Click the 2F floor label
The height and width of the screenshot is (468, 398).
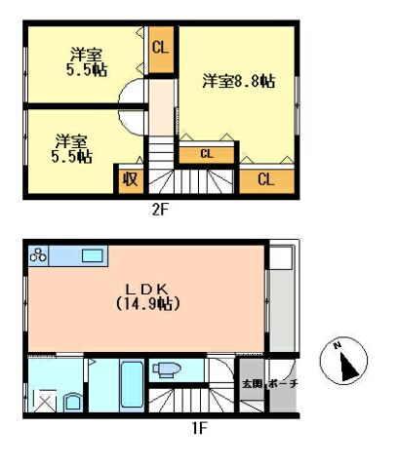point(160,210)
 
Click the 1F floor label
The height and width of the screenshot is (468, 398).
point(199,428)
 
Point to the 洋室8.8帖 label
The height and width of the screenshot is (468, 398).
point(239,81)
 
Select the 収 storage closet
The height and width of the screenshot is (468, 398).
point(131,179)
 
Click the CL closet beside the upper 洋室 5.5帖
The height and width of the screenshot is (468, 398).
point(161,50)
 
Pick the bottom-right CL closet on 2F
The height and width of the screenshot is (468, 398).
point(266,179)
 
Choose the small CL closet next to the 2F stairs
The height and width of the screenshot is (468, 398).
point(207,154)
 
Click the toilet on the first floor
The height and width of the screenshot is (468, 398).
point(167,370)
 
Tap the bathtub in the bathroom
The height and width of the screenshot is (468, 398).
point(132,384)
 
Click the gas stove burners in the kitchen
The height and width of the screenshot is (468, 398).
point(38,255)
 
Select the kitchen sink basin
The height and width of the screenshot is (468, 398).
point(93,255)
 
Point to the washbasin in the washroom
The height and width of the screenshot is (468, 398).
point(73,403)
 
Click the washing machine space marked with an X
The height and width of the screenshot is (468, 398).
point(45,401)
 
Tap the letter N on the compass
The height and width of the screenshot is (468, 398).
point(338,346)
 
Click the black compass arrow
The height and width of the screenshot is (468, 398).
point(348,368)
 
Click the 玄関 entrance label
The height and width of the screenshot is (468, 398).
point(253,384)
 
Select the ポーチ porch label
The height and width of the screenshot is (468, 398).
point(283,384)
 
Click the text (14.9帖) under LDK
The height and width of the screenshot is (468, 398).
point(148,304)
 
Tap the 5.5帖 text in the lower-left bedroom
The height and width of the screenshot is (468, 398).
point(71,157)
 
